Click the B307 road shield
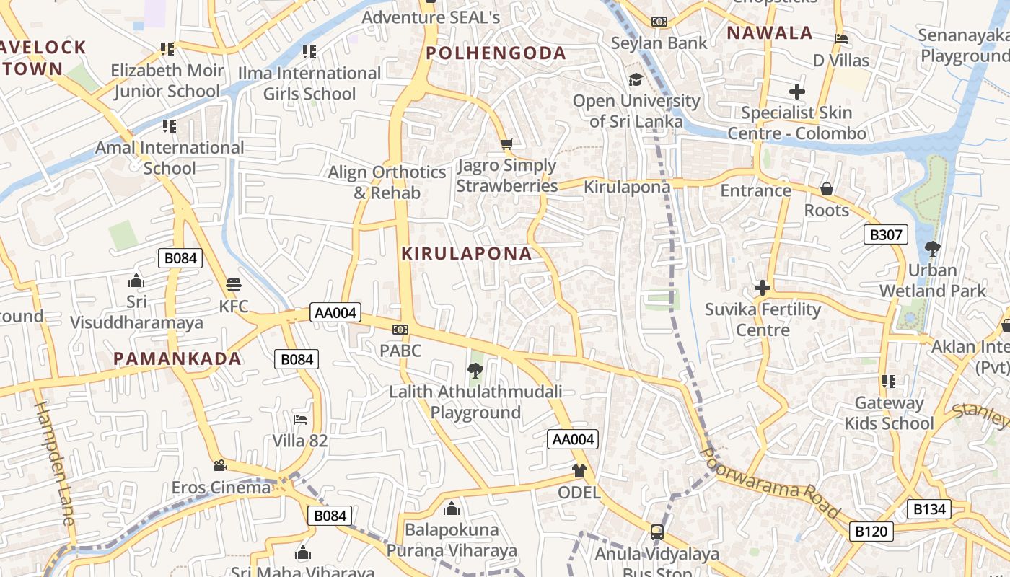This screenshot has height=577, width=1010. [885, 234]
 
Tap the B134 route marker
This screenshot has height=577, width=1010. [929, 509]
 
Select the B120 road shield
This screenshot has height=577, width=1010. [871, 532]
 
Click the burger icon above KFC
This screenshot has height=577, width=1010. [233, 284]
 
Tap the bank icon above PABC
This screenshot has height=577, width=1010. [400, 330]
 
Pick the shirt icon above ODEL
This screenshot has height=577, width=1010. [579, 471]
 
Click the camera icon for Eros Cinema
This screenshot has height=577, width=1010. [220, 466]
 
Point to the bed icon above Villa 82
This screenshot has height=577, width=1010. [300, 419]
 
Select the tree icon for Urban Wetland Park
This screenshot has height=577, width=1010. [932, 249]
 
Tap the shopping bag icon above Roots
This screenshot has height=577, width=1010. [827, 189]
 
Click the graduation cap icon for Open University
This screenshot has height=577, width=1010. [636, 79]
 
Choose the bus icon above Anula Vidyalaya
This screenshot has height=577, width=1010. [656, 532]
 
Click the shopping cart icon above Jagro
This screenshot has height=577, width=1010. [506, 144]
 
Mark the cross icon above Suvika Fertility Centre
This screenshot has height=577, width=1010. [763, 288]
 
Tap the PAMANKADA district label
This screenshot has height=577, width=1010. [177, 358]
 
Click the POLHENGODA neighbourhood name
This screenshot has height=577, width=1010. [496, 53]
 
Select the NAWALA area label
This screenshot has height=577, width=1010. [769, 33]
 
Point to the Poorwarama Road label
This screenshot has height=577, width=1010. [770, 484]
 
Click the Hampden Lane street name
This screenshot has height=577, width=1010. [55, 462]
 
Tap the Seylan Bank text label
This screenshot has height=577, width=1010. [659, 43]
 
